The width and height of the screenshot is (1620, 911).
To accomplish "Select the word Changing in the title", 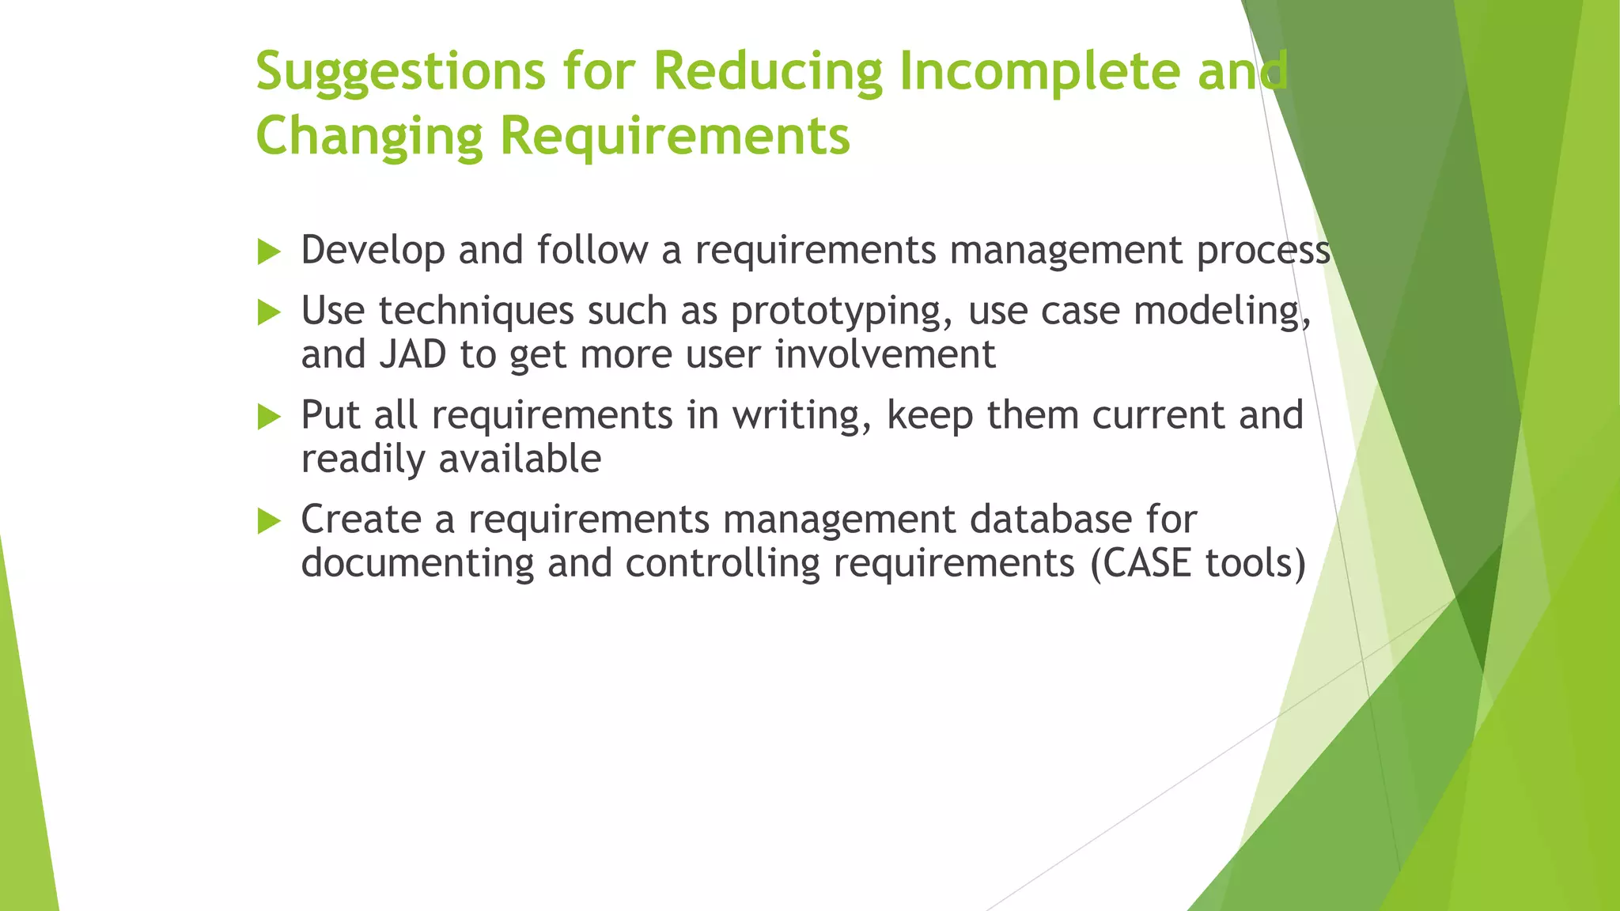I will tap(369, 137).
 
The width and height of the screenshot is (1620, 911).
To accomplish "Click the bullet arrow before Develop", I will tap(270, 253).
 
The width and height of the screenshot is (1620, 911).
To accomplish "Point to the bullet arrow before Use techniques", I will tap(270, 313).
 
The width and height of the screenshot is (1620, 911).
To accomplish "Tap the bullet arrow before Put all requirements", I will tap(270, 418).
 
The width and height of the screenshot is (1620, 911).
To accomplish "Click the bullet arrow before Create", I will tap(270, 522).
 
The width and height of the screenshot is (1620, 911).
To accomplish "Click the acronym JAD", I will tap(413, 354).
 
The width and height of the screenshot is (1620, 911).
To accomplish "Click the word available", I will tap(520, 459).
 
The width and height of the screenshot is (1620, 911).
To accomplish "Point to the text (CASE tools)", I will tap(1198, 564).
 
